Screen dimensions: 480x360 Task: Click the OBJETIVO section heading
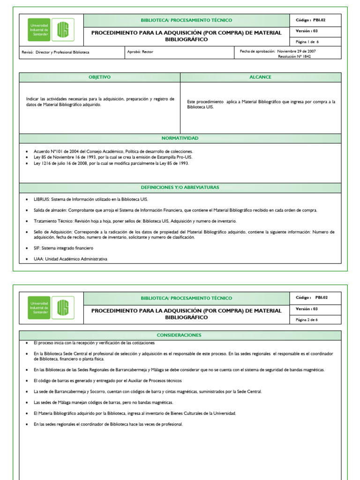click(99, 77)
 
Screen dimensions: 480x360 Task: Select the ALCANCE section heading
click(261, 77)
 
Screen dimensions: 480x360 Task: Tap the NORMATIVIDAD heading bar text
click(180, 138)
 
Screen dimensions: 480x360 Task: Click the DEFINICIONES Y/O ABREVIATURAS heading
click(180, 187)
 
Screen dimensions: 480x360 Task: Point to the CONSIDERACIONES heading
click(180, 335)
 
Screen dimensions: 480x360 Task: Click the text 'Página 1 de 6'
click(307, 42)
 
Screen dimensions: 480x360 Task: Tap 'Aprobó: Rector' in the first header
click(140, 52)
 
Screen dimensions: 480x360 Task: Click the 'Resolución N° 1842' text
click(294, 56)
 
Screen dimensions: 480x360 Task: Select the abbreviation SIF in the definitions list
click(37, 247)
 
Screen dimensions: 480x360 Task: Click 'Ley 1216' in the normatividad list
click(42, 163)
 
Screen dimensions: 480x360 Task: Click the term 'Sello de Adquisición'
click(53, 232)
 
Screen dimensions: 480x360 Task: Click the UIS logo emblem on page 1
click(62, 30)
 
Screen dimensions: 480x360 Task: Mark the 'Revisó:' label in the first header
click(28, 52)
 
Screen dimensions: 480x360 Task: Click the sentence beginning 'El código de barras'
click(107, 381)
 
